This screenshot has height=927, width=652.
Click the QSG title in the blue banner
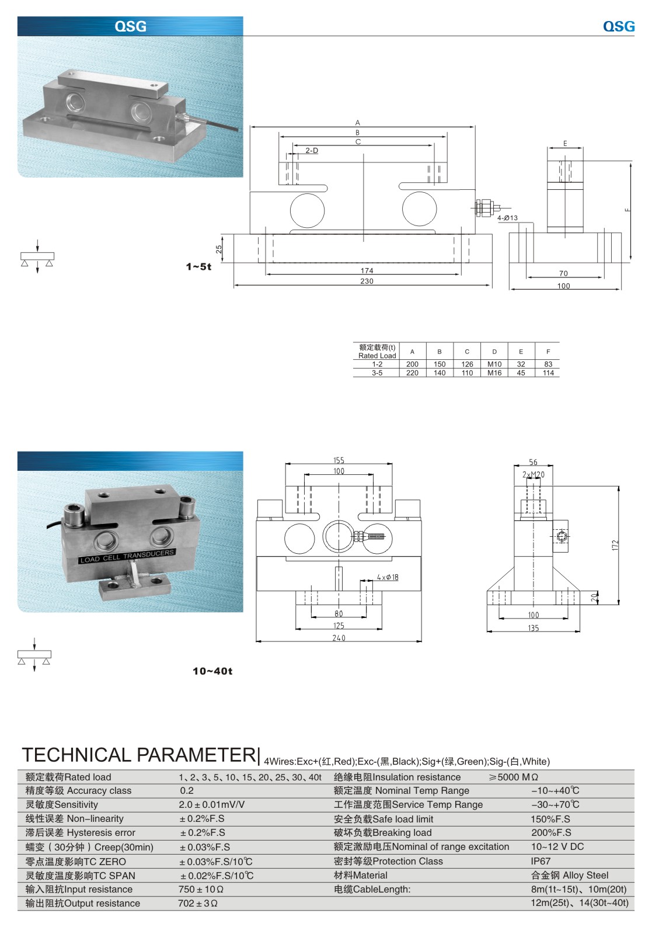tap(130, 26)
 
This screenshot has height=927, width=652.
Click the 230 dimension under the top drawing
tap(366, 281)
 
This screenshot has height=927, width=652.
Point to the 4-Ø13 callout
tap(507, 218)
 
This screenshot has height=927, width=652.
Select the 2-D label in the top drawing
tap(312, 151)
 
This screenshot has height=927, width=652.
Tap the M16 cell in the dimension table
tap(494, 373)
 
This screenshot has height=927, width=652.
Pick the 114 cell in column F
tap(548, 373)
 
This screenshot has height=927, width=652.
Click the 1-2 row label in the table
tap(377, 364)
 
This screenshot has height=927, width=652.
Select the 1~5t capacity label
tap(198, 266)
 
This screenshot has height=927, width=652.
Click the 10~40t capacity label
tap(212, 671)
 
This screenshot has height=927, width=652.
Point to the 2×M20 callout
tap(533, 475)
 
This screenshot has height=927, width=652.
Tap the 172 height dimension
tap(615, 545)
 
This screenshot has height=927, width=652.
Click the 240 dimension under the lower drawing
tap(339, 638)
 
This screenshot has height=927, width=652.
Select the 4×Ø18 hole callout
tap(388, 577)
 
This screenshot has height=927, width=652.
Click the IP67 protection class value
tap(541, 861)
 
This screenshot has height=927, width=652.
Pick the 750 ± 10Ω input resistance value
tap(201, 889)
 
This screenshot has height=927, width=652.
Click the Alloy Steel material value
tap(569, 875)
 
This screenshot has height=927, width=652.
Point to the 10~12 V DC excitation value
tap(557, 846)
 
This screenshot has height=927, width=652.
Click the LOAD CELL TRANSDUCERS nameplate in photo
tap(127, 556)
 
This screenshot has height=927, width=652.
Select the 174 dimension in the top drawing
tap(367, 270)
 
